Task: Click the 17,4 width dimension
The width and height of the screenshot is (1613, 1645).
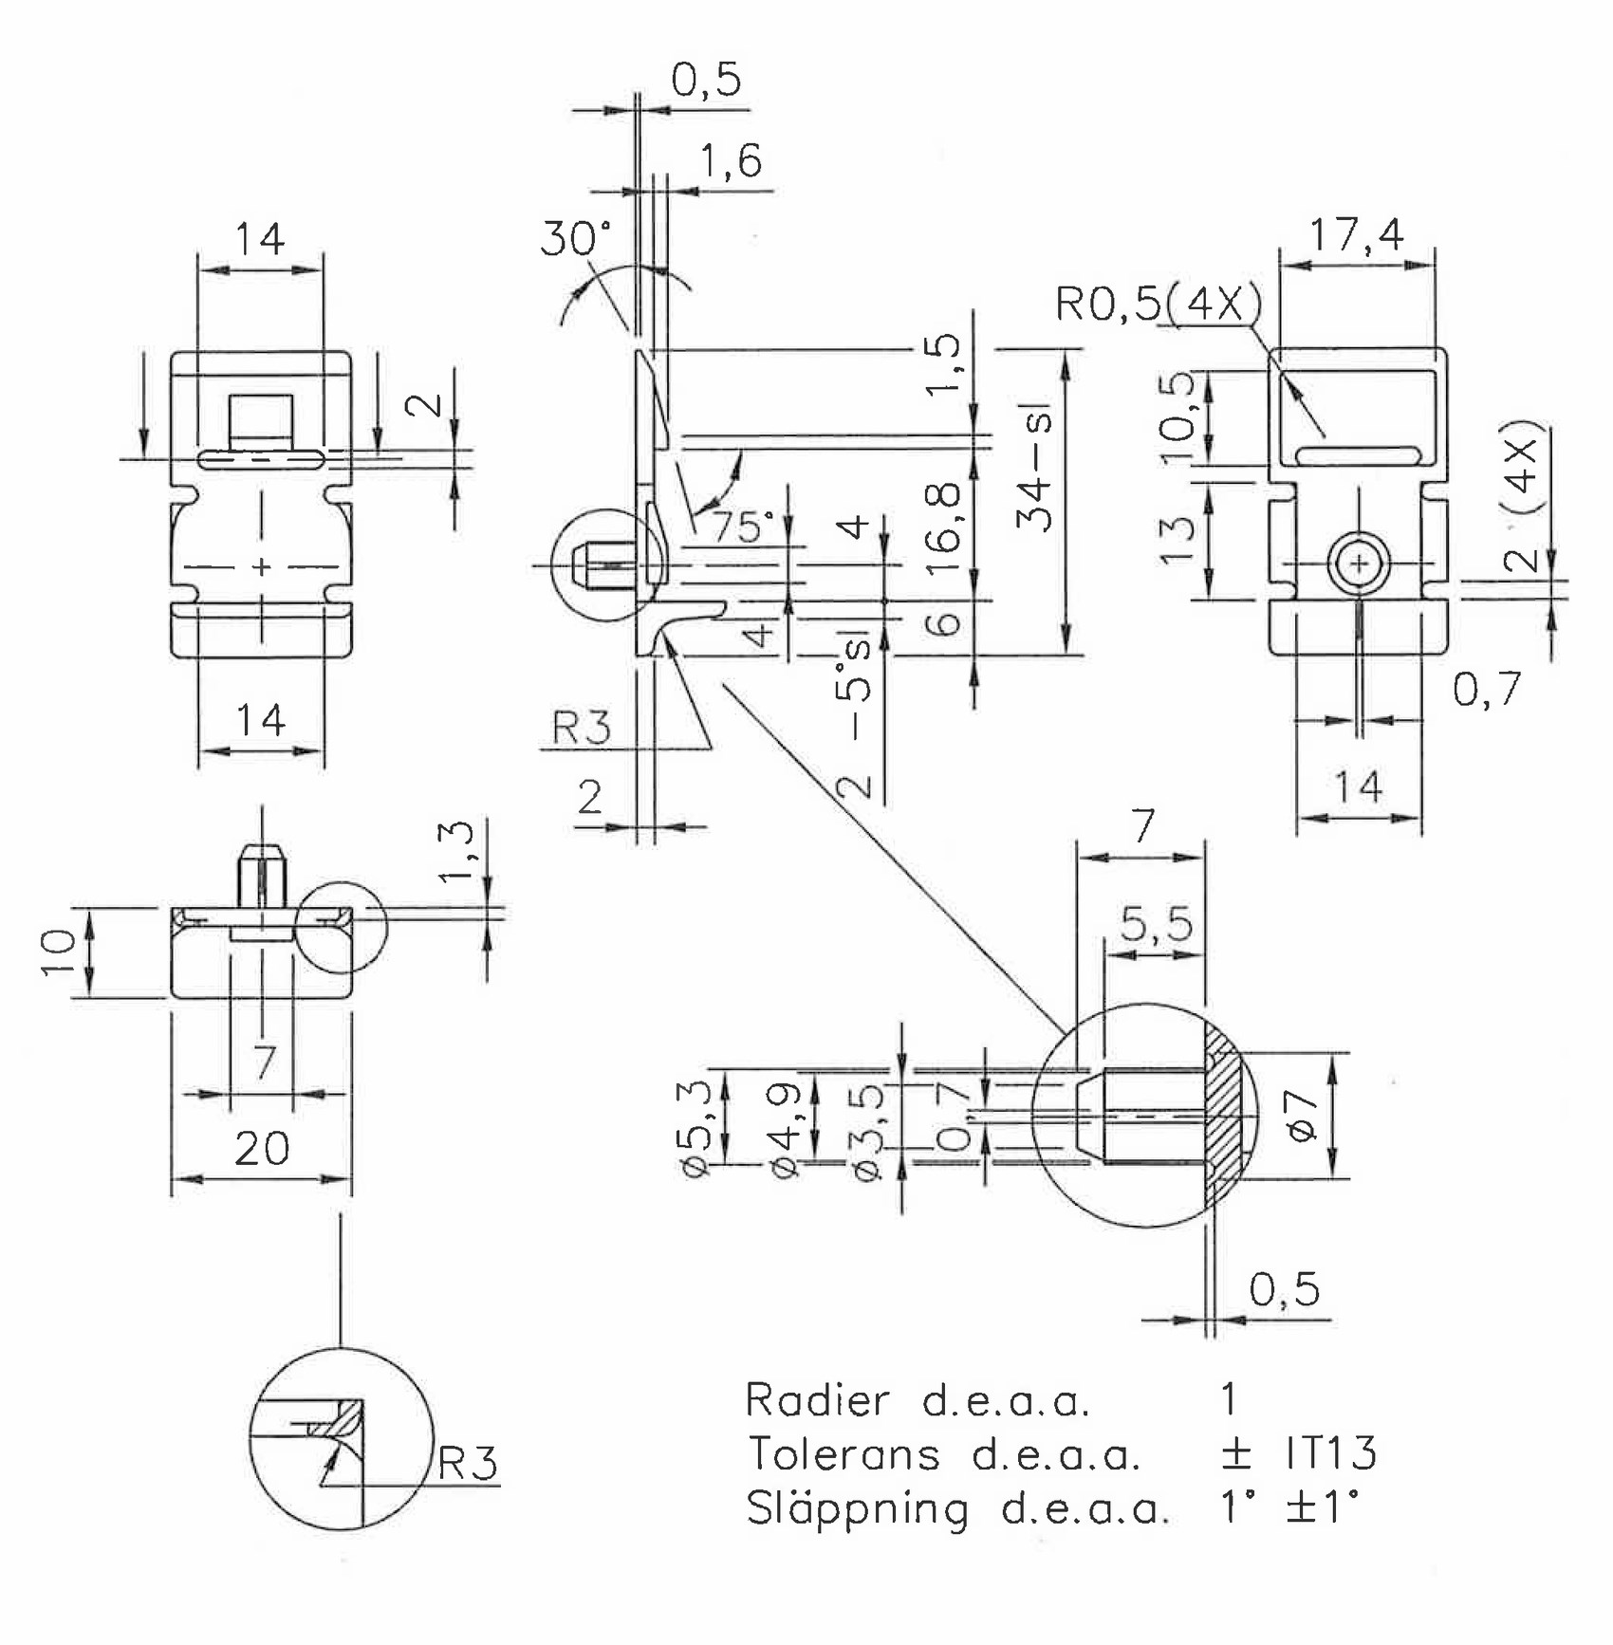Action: click(1356, 233)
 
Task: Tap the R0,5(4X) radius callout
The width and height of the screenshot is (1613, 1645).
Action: click(1159, 304)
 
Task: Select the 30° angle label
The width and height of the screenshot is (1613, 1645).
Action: click(576, 238)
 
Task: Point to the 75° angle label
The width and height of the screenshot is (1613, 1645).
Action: click(744, 527)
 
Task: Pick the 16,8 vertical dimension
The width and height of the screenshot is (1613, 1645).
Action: click(943, 527)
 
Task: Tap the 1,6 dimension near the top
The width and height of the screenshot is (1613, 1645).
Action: click(731, 160)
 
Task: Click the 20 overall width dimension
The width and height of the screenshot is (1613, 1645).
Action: click(262, 1149)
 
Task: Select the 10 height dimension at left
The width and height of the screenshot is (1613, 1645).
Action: click(58, 952)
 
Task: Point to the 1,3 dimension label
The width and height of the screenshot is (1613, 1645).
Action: click(456, 851)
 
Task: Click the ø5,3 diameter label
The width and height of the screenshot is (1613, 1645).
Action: click(695, 1129)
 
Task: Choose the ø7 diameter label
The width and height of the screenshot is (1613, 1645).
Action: click(1301, 1116)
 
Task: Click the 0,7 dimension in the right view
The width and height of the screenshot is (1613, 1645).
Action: click(1487, 689)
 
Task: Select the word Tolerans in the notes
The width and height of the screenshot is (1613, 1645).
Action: click(844, 1453)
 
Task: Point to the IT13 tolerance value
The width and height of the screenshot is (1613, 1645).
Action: click(1331, 1452)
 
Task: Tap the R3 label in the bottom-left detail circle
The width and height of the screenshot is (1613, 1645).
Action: click(468, 1464)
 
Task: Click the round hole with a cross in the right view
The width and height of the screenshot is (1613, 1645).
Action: click(1359, 564)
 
